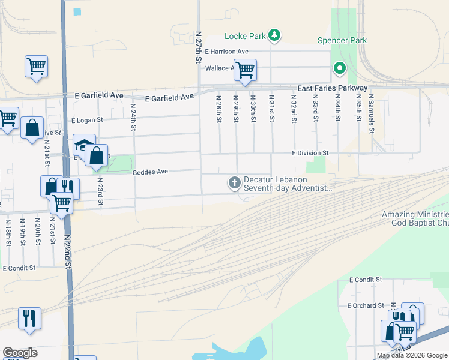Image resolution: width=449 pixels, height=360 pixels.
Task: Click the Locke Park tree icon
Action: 274,36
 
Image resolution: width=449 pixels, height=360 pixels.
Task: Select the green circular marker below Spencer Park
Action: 340,68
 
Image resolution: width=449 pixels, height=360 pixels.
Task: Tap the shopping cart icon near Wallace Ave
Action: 245,70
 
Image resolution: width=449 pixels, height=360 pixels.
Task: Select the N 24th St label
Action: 133,113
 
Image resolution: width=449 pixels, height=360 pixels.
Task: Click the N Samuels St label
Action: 371,109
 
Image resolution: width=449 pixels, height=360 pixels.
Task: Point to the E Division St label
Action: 310,153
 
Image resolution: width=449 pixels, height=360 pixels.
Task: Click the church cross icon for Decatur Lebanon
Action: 234,181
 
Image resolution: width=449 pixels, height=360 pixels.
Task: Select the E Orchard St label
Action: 366,305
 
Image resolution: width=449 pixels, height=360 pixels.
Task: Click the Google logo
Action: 20,353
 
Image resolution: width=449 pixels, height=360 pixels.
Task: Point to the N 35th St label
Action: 358,108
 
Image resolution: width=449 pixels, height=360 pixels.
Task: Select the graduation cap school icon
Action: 83,145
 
